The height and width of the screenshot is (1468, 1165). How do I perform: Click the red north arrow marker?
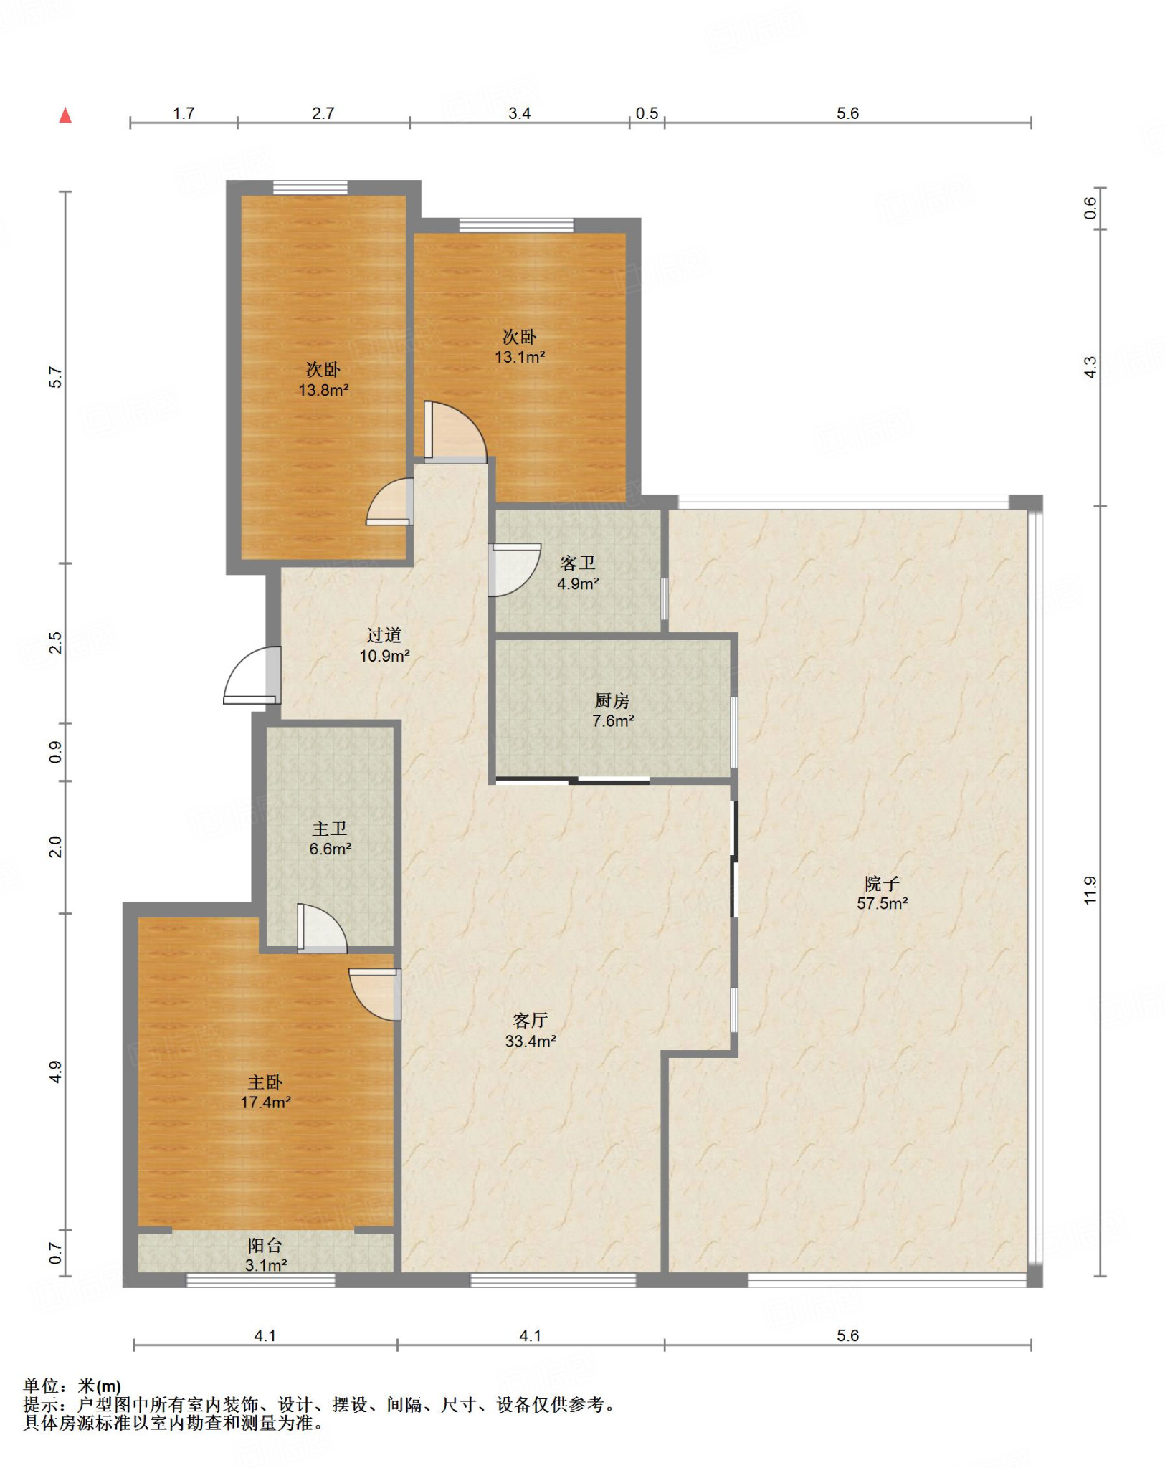[65, 115]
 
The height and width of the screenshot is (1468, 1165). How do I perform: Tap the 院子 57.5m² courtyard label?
[882, 893]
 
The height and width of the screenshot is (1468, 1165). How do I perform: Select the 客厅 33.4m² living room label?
[531, 1031]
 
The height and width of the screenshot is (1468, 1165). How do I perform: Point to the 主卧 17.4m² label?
[265, 1092]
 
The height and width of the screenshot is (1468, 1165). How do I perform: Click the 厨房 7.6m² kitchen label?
[612, 711]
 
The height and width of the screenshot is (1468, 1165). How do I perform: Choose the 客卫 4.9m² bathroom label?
[578, 573]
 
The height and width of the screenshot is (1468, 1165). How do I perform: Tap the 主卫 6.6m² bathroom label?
[330, 839]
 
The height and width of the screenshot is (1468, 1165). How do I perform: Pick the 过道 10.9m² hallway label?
[384, 645]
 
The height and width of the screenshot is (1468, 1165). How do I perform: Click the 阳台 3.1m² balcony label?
[265, 1256]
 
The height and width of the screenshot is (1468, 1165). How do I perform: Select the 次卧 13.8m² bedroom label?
[323, 380]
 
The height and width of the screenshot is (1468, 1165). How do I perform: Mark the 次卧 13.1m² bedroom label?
[520, 347]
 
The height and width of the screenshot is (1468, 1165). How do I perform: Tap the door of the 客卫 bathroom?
[513, 570]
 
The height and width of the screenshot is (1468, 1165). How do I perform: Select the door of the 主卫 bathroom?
[322, 929]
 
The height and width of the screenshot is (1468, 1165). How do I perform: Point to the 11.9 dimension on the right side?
[1090, 890]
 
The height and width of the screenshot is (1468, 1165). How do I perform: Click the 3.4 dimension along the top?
[519, 113]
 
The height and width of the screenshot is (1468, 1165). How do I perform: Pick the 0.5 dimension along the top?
[647, 113]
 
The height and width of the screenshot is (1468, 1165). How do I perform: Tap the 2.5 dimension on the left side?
[56, 642]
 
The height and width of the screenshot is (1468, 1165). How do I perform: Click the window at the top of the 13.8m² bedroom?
[310, 188]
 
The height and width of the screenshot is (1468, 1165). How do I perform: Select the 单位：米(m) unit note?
[72, 1386]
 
